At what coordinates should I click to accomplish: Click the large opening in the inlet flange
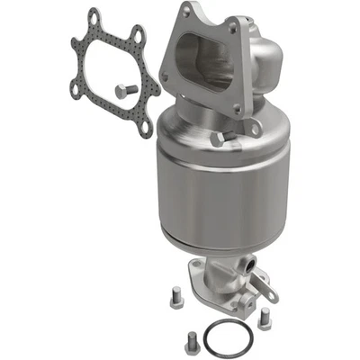click(x=200, y=67)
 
